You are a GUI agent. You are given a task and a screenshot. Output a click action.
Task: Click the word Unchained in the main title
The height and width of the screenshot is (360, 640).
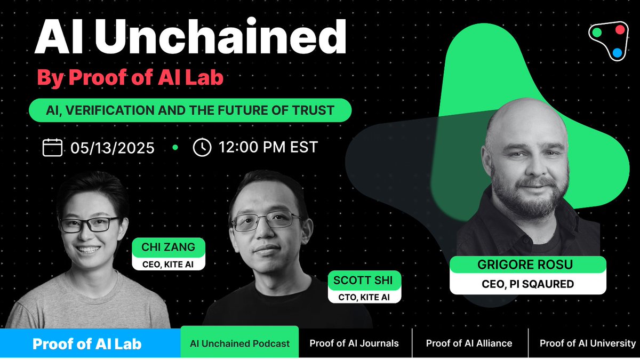coord(220,36)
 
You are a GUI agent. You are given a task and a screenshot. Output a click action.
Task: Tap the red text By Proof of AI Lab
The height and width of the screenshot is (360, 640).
coord(130,77)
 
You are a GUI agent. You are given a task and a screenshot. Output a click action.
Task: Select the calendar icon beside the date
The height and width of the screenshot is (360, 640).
coord(52,147)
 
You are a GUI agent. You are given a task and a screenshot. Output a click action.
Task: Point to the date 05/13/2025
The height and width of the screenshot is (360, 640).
coord(113,148)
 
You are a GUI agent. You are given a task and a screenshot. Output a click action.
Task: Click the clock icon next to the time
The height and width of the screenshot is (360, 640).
coord(202,147)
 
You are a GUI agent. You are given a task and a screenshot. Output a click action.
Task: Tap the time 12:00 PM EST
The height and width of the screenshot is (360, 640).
coord(268,147)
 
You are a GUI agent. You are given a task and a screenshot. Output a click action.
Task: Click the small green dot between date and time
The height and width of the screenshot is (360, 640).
coord(175,147)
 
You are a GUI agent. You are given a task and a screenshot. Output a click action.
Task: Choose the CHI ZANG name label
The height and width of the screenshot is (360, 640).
coord(169,247)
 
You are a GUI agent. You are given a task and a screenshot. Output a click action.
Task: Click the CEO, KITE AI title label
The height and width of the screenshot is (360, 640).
coord(169,265)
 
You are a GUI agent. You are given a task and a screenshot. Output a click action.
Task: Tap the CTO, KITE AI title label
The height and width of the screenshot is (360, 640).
coord(364,297)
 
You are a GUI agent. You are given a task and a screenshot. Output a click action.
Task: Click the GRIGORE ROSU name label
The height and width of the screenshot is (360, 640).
coord(527,265)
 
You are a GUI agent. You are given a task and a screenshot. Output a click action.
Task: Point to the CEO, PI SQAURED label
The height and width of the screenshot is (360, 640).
coord(527,284)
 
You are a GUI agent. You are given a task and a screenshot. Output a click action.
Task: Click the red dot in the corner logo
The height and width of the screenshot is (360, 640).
coord(620,30)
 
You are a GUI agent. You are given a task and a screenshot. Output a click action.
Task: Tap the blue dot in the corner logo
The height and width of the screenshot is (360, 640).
coord(617,53)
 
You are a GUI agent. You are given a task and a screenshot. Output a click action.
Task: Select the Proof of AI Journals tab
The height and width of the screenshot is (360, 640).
coord(354,343)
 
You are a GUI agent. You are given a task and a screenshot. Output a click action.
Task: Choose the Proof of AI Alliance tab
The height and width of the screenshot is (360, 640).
coord(469,343)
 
